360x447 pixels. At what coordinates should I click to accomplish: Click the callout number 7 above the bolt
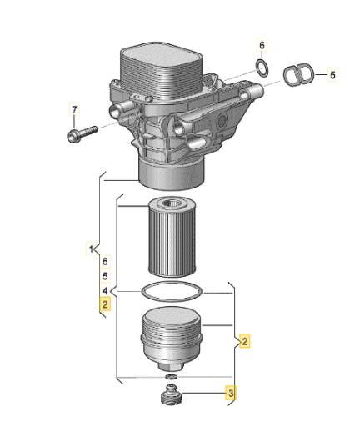(x=74, y=109)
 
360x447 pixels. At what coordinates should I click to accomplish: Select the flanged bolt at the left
(x=82, y=134)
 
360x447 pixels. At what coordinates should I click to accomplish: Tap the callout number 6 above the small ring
(x=262, y=45)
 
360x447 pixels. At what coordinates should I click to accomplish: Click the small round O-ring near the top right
(x=262, y=68)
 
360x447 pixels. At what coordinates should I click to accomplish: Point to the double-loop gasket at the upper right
(x=299, y=74)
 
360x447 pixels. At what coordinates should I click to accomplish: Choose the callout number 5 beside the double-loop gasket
(x=332, y=75)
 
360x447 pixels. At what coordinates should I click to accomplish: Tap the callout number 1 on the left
(x=91, y=249)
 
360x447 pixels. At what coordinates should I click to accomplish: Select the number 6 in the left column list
(x=105, y=261)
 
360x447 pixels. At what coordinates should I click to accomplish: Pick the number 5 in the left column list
(x=105, y=276)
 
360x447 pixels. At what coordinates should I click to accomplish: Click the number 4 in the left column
(x=105, y=290)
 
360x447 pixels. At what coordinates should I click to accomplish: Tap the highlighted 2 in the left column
(x=105, y=304)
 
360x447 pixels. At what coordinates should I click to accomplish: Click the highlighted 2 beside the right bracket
(x=245, y=340)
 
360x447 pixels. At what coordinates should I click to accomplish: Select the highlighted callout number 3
(x=231, y=393)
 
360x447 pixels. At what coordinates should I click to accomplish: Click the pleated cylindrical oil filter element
(x=172, y=237)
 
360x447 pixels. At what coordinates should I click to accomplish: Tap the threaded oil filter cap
(x=172, y=339)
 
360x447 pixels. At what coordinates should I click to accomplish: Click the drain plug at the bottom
(x=171, y=394)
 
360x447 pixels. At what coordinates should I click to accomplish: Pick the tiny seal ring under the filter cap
(x=172, y=377)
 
